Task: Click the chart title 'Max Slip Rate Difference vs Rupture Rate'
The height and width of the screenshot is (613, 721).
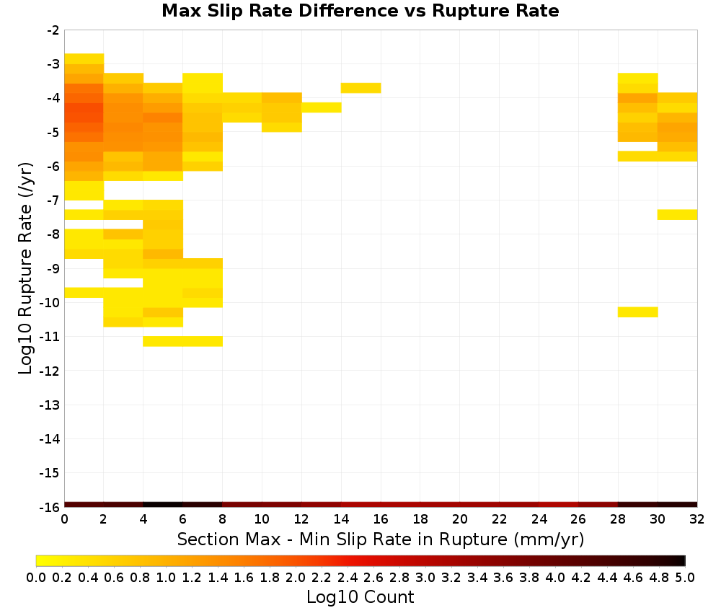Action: tap(360, 11)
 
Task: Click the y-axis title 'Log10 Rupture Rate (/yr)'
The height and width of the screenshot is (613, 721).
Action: tap(25, 268)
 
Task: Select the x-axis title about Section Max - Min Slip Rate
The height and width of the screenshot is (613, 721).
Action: tap(380, 539)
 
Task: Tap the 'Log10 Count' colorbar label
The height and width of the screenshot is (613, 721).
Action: tap(360, 597)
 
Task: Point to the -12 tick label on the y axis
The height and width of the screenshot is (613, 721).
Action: tap(50, 371)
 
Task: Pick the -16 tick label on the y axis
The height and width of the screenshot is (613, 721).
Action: tap(50, 507)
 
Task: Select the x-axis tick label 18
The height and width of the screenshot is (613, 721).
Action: tap(420, 519)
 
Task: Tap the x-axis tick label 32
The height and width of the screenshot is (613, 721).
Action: tap(696, 519)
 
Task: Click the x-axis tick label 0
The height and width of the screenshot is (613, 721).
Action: tap(64, 519)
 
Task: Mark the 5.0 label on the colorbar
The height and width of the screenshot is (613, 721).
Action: tap(685, 577)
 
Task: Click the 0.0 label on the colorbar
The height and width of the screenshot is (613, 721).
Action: tap(36, 577)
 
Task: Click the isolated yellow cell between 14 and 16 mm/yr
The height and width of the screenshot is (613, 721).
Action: tap(361, 88)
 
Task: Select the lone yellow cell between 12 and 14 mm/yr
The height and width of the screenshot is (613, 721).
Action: tap(322, 107)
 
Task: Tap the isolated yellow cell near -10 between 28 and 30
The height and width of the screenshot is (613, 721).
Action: tap(638, 312)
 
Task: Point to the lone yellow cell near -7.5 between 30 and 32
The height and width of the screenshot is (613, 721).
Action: tap(677, 215)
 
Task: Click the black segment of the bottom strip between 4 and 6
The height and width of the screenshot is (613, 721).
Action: tap(163, 505)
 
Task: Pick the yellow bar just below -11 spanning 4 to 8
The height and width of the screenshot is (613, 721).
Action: tap(183, 341)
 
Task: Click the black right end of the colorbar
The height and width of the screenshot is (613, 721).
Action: tap(681, 560)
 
